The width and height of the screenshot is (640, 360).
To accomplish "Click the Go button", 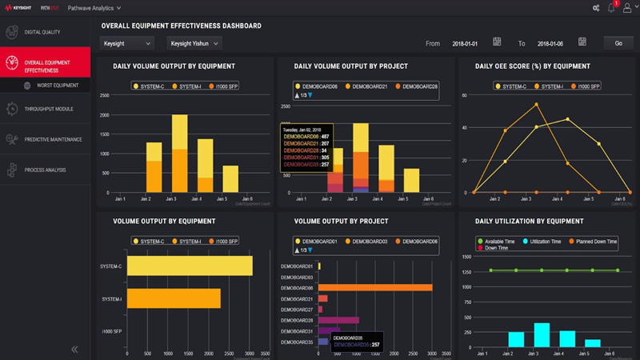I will tap(618, 43).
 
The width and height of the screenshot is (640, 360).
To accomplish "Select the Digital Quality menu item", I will tap(43, 32).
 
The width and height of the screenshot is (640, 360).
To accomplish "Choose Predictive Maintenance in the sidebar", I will tap(53, 139).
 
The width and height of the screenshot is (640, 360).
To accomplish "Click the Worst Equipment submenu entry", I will tap(58, 85).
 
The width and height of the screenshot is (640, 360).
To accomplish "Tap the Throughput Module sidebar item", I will tap(49, 109).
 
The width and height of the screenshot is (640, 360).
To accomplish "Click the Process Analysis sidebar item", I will tap(45, 170).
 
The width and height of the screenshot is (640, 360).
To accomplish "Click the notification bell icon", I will tap(612, 8).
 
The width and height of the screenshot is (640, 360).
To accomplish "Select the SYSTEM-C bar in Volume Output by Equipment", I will tap(190, 266).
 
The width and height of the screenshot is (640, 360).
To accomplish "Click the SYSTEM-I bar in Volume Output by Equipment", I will tap(174, 298).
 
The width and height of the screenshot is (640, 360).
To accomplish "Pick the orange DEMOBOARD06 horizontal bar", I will tap(375, 287).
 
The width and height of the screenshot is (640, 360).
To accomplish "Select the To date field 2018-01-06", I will tap(550, 43).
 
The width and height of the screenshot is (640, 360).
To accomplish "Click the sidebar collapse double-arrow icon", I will tap(74, 349).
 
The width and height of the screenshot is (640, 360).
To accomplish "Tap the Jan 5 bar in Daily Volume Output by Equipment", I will tap(230, 179).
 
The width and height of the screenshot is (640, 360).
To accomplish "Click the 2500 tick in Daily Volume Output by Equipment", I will tap(105, 95).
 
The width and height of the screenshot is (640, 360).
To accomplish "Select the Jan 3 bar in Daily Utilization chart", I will tap(542, 334).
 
